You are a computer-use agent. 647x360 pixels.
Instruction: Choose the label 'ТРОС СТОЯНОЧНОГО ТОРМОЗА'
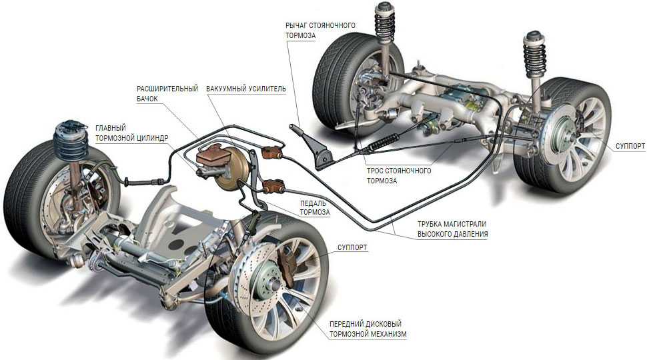(398, 175)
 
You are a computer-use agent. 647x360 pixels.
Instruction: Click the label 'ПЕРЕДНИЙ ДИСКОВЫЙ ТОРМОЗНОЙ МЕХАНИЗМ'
(368, 329)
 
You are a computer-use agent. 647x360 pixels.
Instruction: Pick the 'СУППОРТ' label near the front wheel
(352, 247)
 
